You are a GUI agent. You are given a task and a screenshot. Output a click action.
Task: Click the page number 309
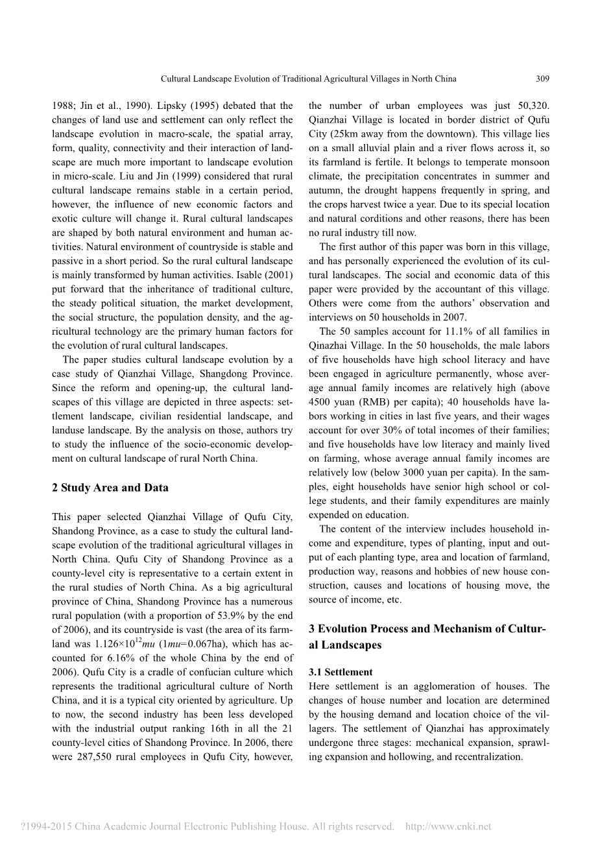[x=543, y=79]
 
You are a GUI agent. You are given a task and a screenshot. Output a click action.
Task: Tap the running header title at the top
[x=308, y=79]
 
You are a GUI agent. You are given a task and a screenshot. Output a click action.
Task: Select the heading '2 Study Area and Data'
[x=110, y=488]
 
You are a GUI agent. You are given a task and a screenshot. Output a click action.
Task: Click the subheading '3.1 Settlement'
[x=341, y=672]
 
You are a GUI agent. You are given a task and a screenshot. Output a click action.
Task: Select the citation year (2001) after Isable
[x=277, y=275]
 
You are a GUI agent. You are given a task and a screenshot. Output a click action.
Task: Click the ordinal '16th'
[x=206, y=728]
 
